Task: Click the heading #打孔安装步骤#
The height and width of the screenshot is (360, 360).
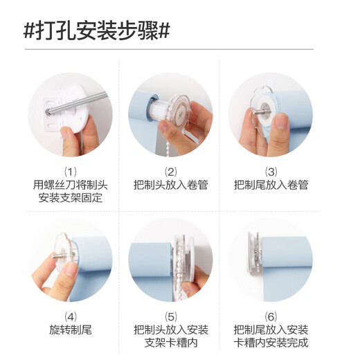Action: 97,31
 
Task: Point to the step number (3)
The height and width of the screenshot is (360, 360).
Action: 271,171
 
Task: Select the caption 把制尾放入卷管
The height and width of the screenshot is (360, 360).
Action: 271,185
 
